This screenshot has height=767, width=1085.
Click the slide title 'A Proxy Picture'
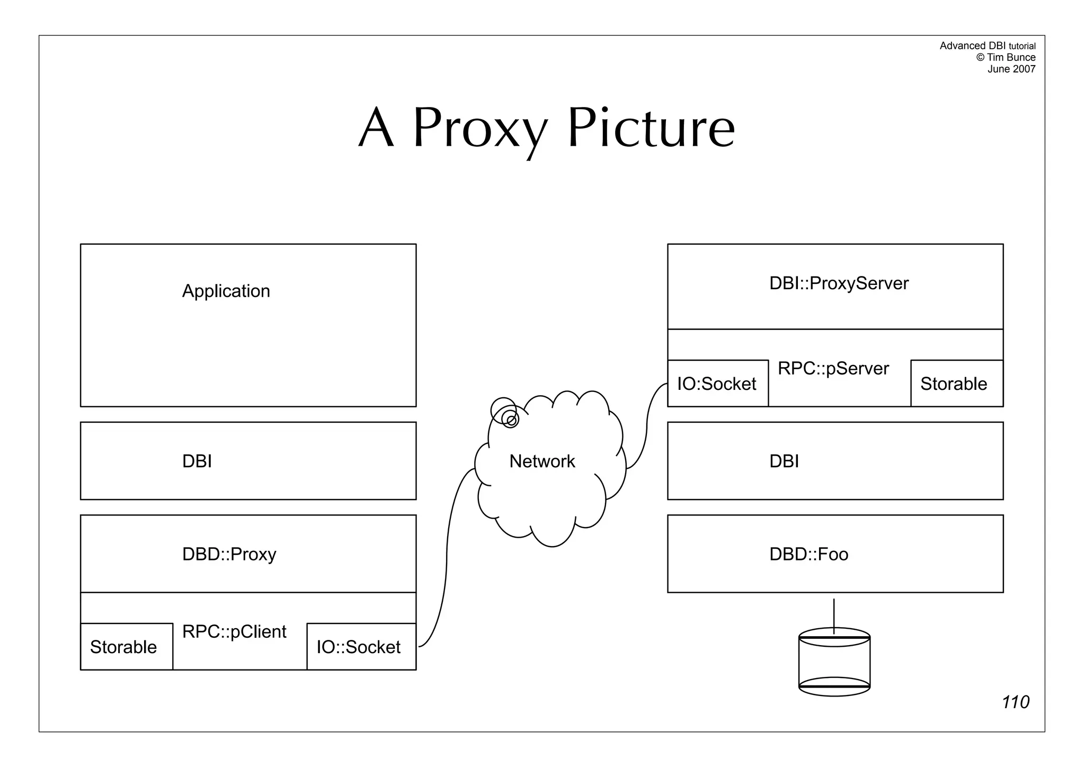[547, 128]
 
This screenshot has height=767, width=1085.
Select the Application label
[226, 291]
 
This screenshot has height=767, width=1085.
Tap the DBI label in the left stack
[197, 461]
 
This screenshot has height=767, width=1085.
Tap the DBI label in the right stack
[784, 461]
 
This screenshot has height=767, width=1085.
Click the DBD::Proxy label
[229, 554]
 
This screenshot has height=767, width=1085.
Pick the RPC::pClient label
[234, 631]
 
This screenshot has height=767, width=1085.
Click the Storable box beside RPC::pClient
[126, 647]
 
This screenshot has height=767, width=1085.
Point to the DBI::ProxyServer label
[839, 283]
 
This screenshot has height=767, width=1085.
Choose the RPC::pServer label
[833, 369]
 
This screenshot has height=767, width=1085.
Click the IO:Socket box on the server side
[717, 384]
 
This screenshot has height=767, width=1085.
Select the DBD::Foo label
[808, 554]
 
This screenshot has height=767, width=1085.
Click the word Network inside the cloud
[541, 461]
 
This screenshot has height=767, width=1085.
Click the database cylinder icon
[834, 662]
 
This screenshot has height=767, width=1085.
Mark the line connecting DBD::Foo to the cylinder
[834, 614]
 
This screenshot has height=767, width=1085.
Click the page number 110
[1015, 702]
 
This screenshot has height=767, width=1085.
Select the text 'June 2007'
[1011, 69]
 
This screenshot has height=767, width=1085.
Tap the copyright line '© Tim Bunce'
[1006, 57]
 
